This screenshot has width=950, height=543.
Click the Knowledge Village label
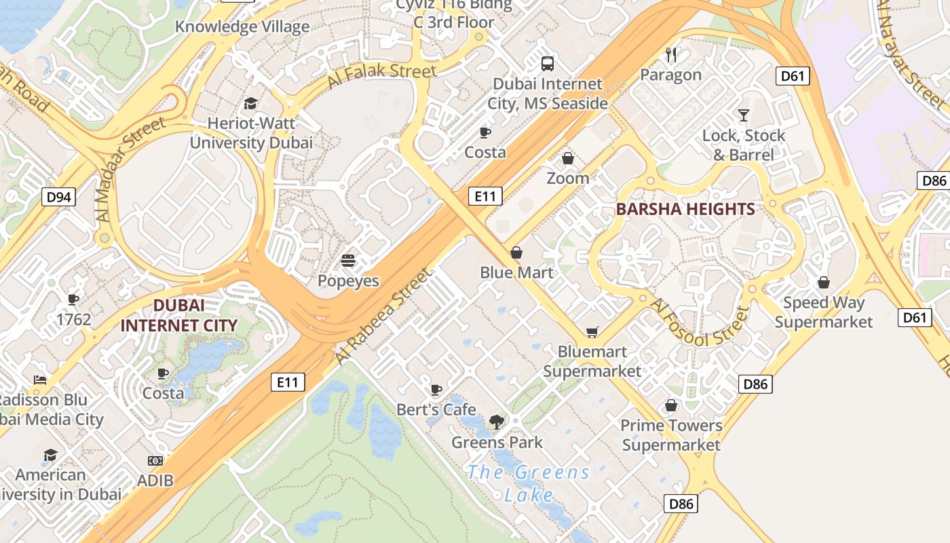point(242,27)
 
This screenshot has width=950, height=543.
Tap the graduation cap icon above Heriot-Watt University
point(250,104)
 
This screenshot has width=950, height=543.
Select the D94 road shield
point(59,198)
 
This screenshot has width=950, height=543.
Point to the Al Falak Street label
point(381,75)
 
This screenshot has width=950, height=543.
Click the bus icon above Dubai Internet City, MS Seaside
point(548,64)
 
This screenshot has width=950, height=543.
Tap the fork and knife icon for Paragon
point(671,55)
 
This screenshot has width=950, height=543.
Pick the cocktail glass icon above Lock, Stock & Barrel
point(744,115)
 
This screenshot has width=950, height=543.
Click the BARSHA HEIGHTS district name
point(685,209)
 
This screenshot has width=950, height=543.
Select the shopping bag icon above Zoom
point(568,159)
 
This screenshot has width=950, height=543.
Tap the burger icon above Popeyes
point(348,261)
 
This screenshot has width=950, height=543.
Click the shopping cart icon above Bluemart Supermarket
point(592,332)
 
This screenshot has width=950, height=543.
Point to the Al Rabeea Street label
point(383,316)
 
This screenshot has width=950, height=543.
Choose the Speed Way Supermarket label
point(824,312)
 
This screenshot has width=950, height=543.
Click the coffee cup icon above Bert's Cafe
point(436,390)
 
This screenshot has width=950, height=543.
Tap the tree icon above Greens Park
point(497,422)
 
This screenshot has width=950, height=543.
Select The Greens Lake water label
point(529,483)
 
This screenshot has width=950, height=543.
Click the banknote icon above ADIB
point(155,461)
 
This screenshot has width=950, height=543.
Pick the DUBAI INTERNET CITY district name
point(179,316)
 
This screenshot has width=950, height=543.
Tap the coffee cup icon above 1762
point(73,299)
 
